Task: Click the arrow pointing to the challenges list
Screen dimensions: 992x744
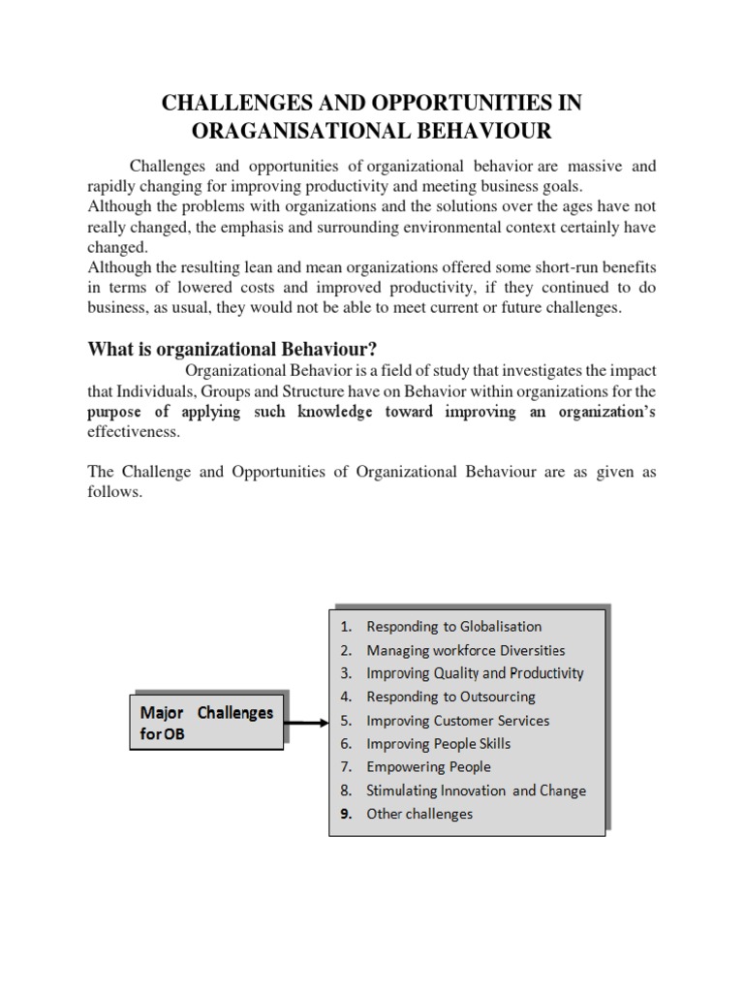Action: [308, 722]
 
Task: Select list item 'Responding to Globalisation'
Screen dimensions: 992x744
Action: [453, 627]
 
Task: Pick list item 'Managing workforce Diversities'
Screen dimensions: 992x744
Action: [465, 650]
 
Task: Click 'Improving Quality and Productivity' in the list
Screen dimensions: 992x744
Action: [475, 673]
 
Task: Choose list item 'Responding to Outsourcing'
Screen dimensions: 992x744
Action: [450, 697]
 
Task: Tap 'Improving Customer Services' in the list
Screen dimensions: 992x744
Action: [457, 721]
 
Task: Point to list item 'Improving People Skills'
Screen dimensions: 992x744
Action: [438, 744]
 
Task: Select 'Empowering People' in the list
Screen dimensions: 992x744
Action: [428, 767]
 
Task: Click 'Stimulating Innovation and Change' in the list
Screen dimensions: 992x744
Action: [476, 790]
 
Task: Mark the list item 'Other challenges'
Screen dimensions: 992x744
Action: [419, 814]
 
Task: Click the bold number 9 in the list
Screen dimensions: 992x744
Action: [345, 814]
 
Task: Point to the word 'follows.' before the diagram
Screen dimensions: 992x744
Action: [114, 492]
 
